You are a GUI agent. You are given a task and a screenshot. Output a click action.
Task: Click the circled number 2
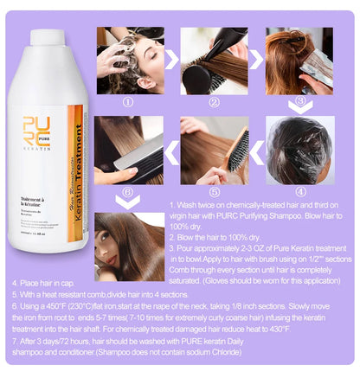214,100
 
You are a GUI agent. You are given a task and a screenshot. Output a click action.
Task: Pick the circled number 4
300,190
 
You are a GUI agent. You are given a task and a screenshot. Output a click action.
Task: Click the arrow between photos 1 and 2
173,60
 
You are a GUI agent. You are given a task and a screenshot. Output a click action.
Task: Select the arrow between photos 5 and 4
257,151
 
